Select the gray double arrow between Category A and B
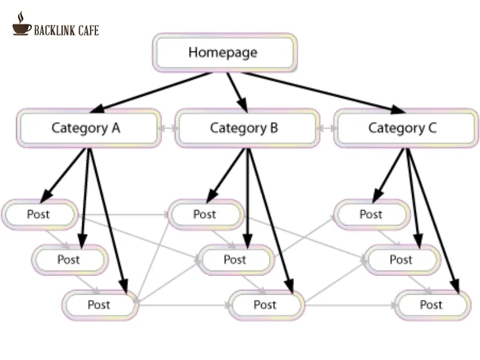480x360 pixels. click(x=168, y=128)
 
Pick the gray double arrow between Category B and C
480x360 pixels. click(x=326, y=128)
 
